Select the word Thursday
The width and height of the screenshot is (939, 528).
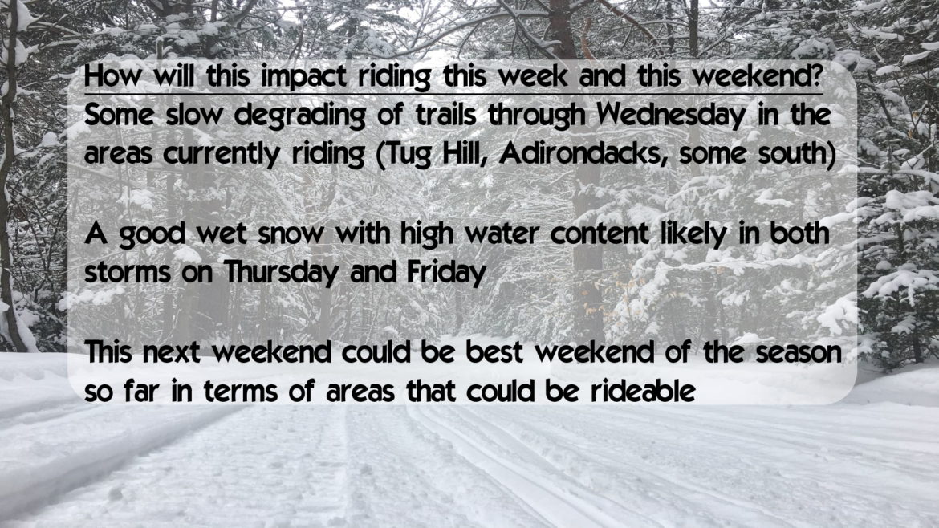(x=282, y=273)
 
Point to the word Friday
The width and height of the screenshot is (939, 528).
(x=446, y=273)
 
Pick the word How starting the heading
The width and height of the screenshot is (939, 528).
(x=114, y=76)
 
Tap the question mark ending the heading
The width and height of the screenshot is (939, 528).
(x=815, y=75)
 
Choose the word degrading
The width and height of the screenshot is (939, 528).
(x=299, y=116)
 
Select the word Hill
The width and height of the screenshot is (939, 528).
(x=465, y=152)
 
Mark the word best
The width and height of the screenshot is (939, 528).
(x=494, y=352)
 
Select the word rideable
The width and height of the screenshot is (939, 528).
(x=643, y=392)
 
